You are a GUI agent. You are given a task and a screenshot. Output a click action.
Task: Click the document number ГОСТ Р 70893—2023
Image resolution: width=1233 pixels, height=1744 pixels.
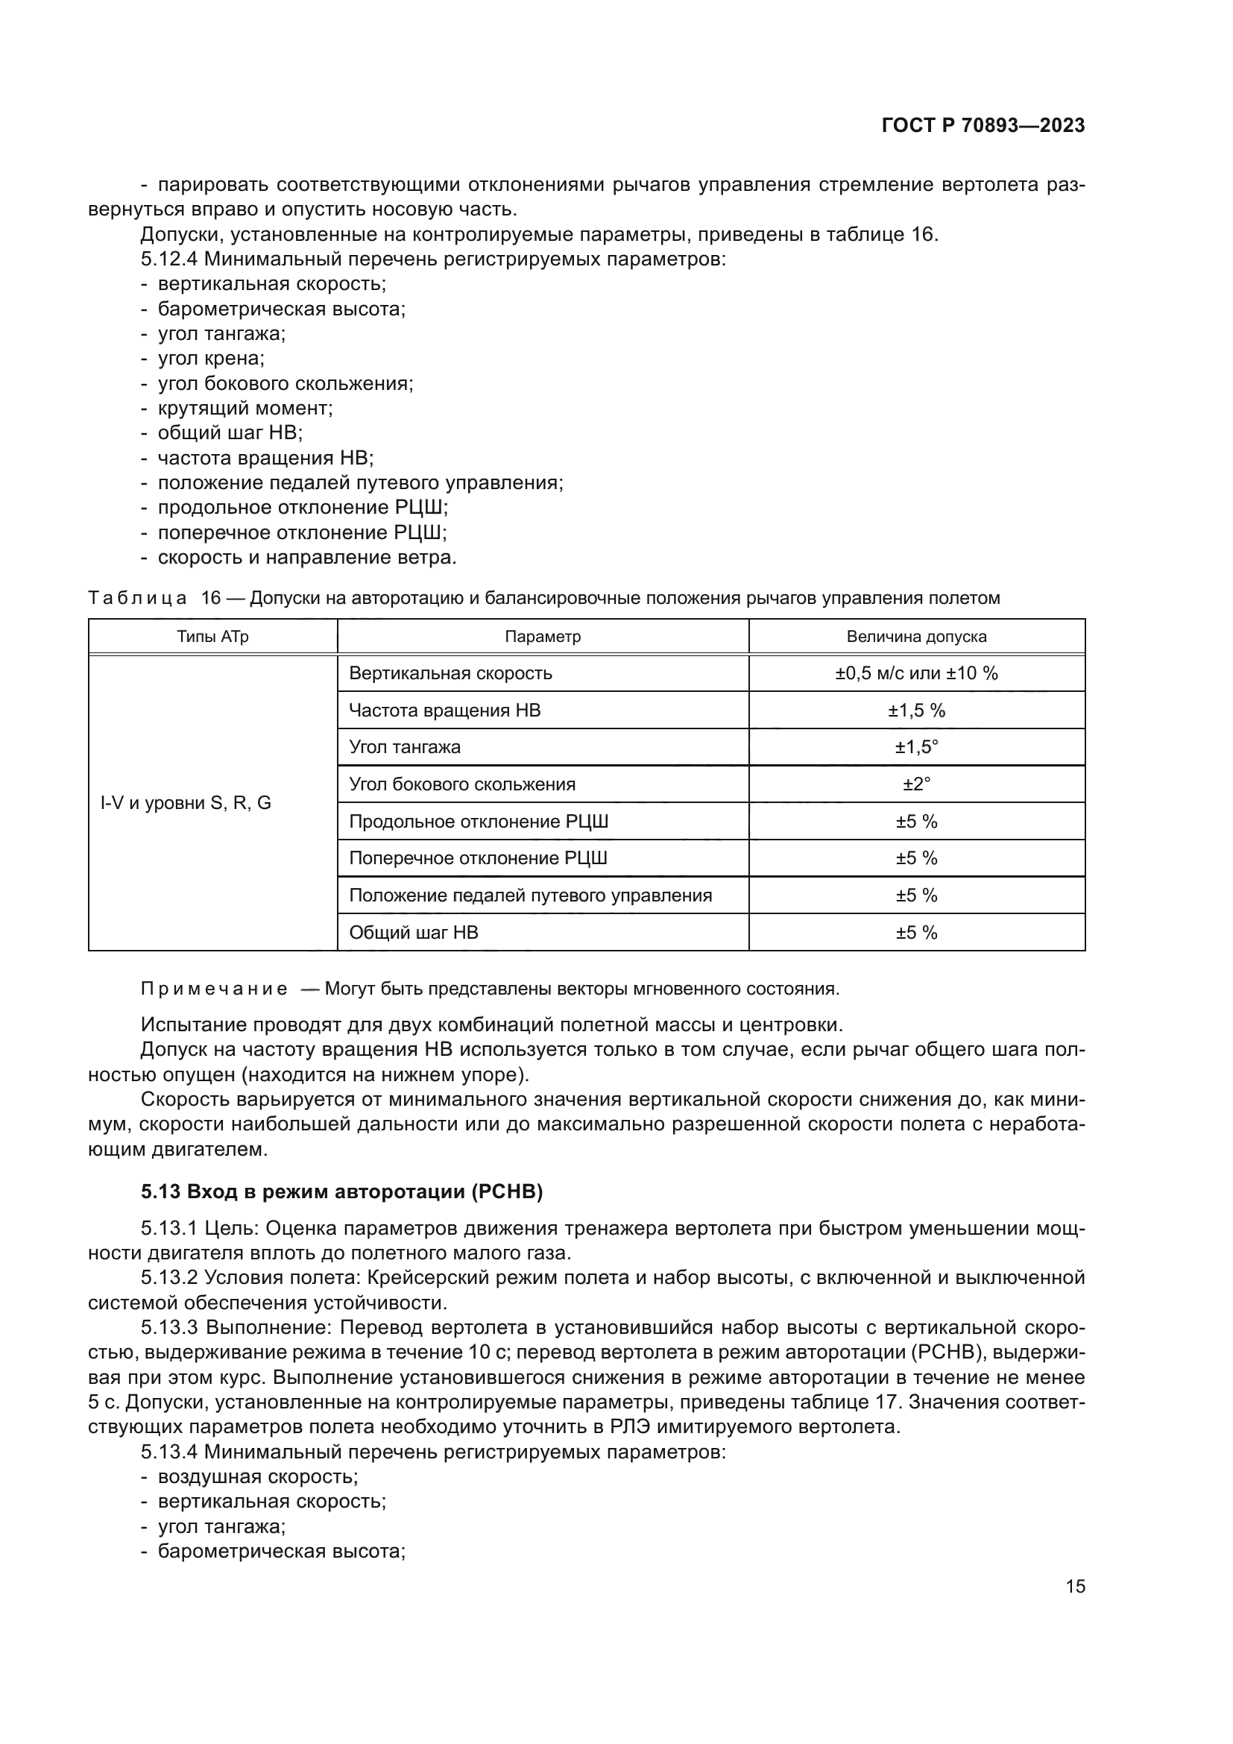[983, 126]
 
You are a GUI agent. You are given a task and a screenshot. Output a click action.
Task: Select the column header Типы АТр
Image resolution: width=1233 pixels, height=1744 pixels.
[212, 637]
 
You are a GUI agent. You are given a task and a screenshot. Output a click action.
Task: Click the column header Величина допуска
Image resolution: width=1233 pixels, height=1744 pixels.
[915, 637]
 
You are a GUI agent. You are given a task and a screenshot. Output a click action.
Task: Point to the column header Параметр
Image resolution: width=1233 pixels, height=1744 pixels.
[542, 637]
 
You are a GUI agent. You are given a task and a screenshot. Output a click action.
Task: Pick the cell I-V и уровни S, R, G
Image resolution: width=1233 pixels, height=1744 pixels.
[186, 803]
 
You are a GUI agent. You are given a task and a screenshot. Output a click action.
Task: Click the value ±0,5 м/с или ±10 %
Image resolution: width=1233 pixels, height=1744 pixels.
[915, 673]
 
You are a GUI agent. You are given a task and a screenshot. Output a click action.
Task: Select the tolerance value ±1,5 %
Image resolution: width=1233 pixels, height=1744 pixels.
[915, 711]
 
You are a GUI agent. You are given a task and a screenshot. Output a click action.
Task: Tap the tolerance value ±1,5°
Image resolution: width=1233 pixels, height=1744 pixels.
[915, 746]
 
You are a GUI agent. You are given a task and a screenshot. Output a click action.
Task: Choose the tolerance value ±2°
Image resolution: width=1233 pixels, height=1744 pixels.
[915, 784]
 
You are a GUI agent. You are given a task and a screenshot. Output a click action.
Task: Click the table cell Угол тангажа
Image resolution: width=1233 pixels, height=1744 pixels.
[405, 746]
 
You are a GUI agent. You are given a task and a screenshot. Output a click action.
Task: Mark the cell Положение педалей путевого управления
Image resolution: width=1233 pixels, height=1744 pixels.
[530, 895]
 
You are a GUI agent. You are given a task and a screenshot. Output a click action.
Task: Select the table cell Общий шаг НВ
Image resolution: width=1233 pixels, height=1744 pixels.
[413, 932]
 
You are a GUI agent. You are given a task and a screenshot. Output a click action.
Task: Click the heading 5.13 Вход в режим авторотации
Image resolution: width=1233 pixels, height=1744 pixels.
[341, 1191]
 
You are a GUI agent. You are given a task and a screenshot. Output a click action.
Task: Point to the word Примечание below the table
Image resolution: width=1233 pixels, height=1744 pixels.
[214, 989]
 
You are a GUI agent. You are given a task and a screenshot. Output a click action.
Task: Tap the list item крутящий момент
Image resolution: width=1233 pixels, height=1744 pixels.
[245, 408]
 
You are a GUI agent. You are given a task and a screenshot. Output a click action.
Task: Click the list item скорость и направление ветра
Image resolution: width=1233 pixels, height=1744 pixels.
[306, 557]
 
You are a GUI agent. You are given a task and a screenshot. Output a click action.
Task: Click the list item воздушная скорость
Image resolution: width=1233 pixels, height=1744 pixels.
[257, 1476]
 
